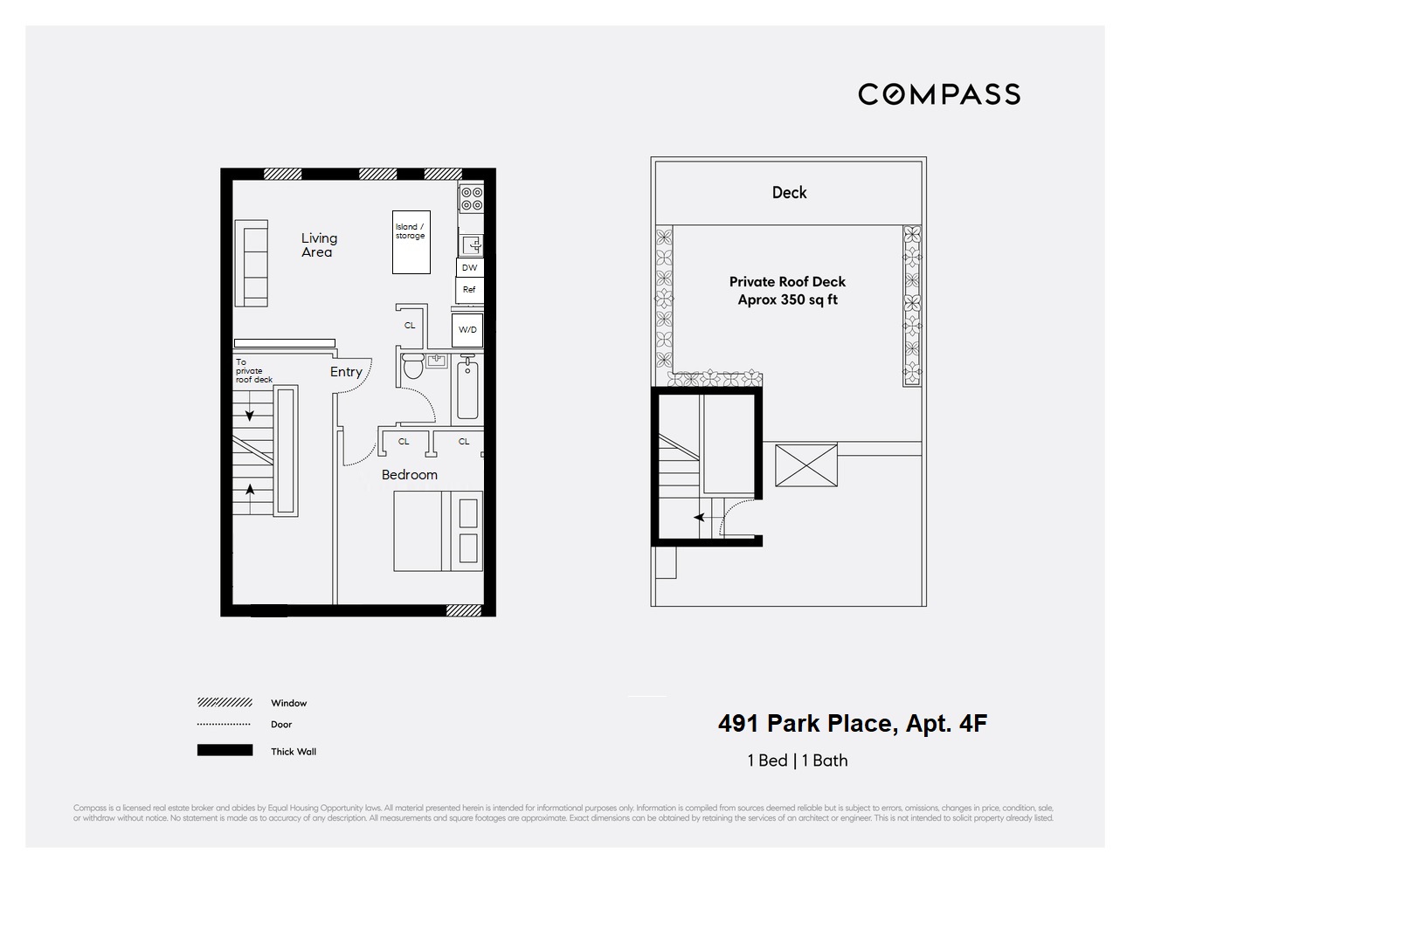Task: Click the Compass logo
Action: (938, 94)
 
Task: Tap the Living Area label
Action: (318, 244)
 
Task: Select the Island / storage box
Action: (411, 242)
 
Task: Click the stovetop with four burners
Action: (472, 199)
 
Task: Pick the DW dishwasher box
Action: (470, 267)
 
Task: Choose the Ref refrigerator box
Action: (469, 290)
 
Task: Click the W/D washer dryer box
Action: (468, 330)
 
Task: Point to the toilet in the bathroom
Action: (413, 366)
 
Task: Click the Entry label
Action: (346, 372)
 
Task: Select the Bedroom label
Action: (409, 475)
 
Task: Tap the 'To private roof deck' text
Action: (252, 371)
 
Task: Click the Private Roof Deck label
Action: (787, 290)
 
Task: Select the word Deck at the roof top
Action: (789, 193)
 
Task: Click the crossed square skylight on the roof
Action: (805, 465)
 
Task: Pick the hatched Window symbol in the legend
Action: (225, 703)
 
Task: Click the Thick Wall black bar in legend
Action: (225, 750)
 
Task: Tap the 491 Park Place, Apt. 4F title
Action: (852, 724)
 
